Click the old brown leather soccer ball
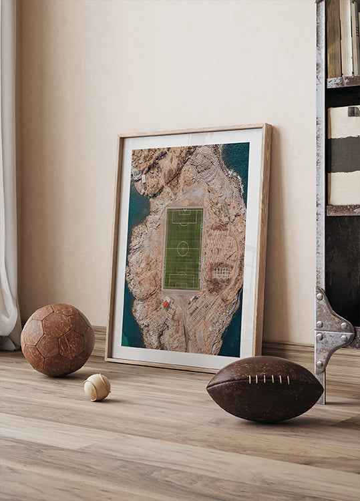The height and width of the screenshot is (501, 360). pos(57,339)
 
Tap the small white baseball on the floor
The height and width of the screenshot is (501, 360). pos(97,387)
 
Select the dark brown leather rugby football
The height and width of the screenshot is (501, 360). pos(264,389)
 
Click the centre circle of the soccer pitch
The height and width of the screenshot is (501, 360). pos(182,248)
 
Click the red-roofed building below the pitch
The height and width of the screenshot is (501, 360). pos(166,303)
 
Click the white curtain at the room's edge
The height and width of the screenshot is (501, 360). pos(8,200)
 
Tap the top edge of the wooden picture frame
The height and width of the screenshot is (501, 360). pos(194,130)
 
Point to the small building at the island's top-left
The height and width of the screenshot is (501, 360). pos(143,178)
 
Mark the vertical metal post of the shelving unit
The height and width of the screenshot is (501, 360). pos(321,167)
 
